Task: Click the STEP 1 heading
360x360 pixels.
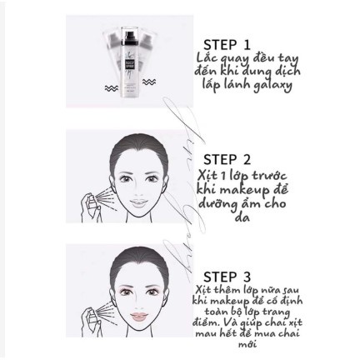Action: point(227,44)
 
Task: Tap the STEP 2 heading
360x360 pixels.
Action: point(227,159)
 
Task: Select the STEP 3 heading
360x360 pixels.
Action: point(227,277)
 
